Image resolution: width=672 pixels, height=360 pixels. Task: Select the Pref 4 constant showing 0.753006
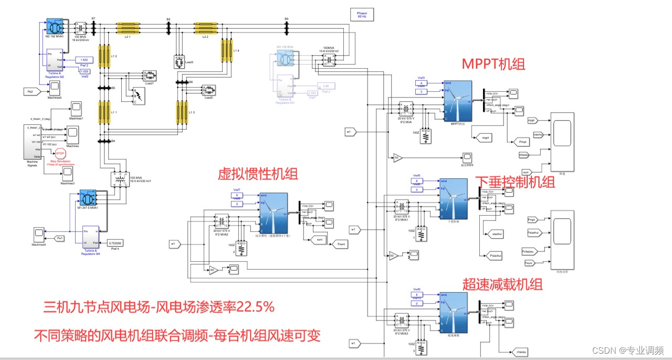click(115, 243)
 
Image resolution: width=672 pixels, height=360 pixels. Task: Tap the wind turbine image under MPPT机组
click(457, 101)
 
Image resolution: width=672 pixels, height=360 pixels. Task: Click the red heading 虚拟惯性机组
click(258, 174)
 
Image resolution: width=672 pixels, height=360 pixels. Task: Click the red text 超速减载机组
click(502, 284)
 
